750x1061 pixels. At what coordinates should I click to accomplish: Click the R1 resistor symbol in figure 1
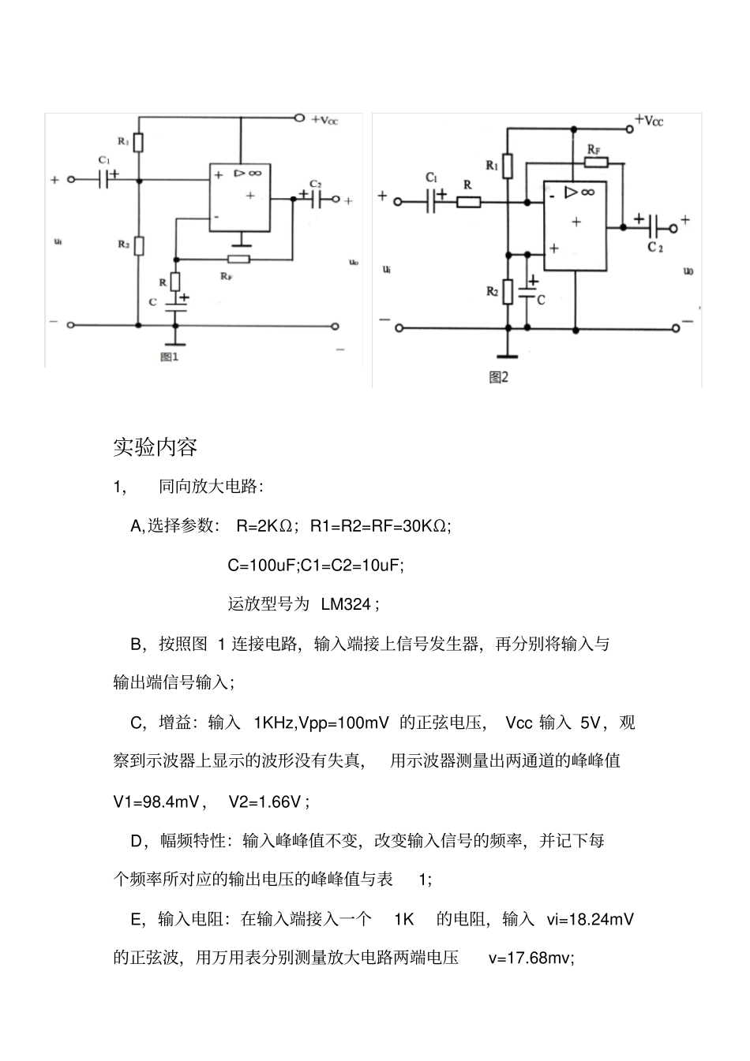139,143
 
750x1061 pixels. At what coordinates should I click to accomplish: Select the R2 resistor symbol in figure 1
139,245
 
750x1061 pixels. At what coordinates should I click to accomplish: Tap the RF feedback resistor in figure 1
238,259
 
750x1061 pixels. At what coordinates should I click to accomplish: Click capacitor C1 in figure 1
104,179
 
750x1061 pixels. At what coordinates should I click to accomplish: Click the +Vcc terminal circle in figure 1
298,118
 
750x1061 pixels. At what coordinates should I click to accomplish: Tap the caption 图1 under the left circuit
171,357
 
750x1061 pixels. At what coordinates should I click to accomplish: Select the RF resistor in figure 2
596,163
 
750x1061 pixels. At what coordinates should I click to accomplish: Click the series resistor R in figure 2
469,202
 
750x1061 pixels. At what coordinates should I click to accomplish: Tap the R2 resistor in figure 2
508,292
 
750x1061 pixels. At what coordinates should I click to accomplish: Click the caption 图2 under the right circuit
498,377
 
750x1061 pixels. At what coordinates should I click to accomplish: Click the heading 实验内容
155,447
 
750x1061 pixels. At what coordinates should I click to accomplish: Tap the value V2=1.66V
264,801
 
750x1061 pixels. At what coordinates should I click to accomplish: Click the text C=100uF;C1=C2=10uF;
316,565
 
